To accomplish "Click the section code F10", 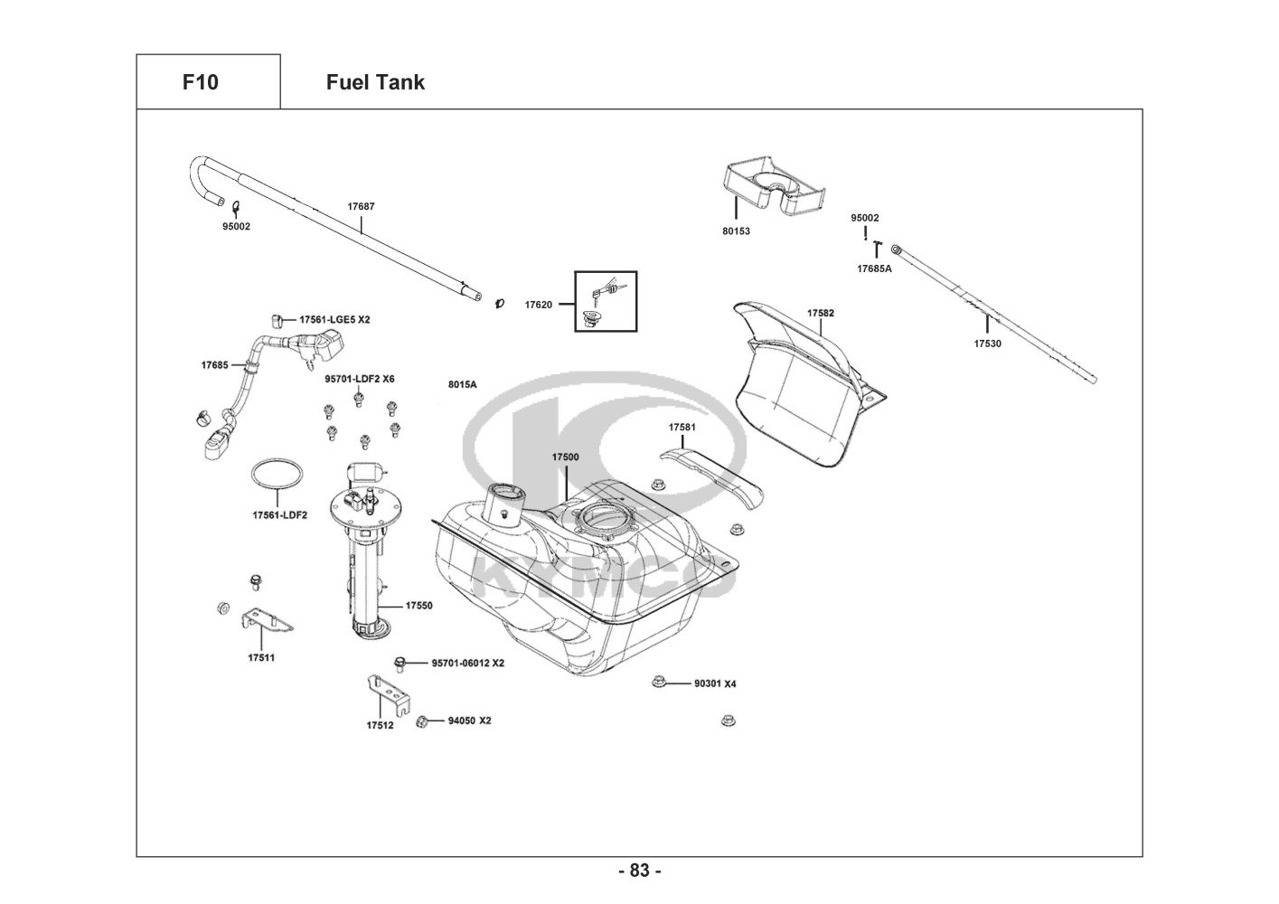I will (x=200, y=82).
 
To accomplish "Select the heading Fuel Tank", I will (x=375, y=82).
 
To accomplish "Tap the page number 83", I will (x=639, y=871).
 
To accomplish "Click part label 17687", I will (x=361, y=206).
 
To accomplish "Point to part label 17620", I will (x=538, y=305).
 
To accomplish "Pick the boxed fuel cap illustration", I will (x=606, y=301).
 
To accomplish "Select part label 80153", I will (x=736, y=231).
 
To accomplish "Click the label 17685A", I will (x=874, y=268).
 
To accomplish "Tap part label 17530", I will (x=987, y=344).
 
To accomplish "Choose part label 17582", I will (x=821, y=313).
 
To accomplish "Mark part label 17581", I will (x=682, y=427).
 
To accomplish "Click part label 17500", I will (x=565, y=457).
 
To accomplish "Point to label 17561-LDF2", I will (x=279, y=515).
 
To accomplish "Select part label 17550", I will (x=418, y=606).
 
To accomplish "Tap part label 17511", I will (x=261, y=657).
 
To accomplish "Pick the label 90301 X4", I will (x=715, y=683).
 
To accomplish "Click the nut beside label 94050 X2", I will (x=421, y=720).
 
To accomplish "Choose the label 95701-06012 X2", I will (x=467, y=663).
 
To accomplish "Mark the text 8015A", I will (x=462, y=385).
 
